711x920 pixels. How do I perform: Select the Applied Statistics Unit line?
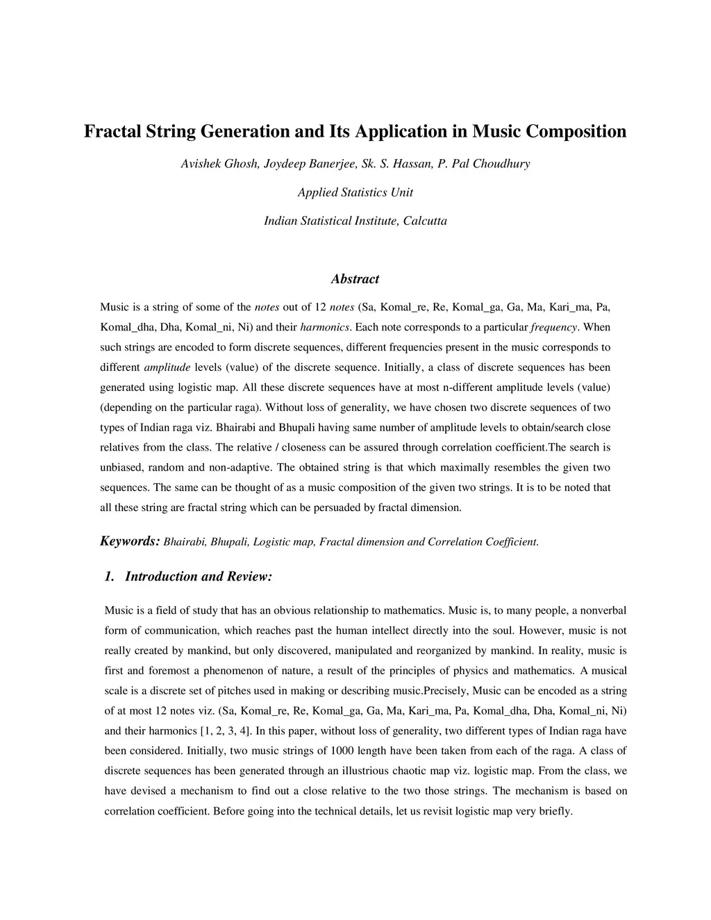point(355,192)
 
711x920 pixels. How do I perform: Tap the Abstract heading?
point(355,279)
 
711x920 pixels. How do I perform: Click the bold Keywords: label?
point(131,541)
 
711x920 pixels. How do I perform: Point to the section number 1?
point(109,576)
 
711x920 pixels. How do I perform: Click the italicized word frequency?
point(553,327)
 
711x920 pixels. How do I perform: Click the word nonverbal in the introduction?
point(601,610)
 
